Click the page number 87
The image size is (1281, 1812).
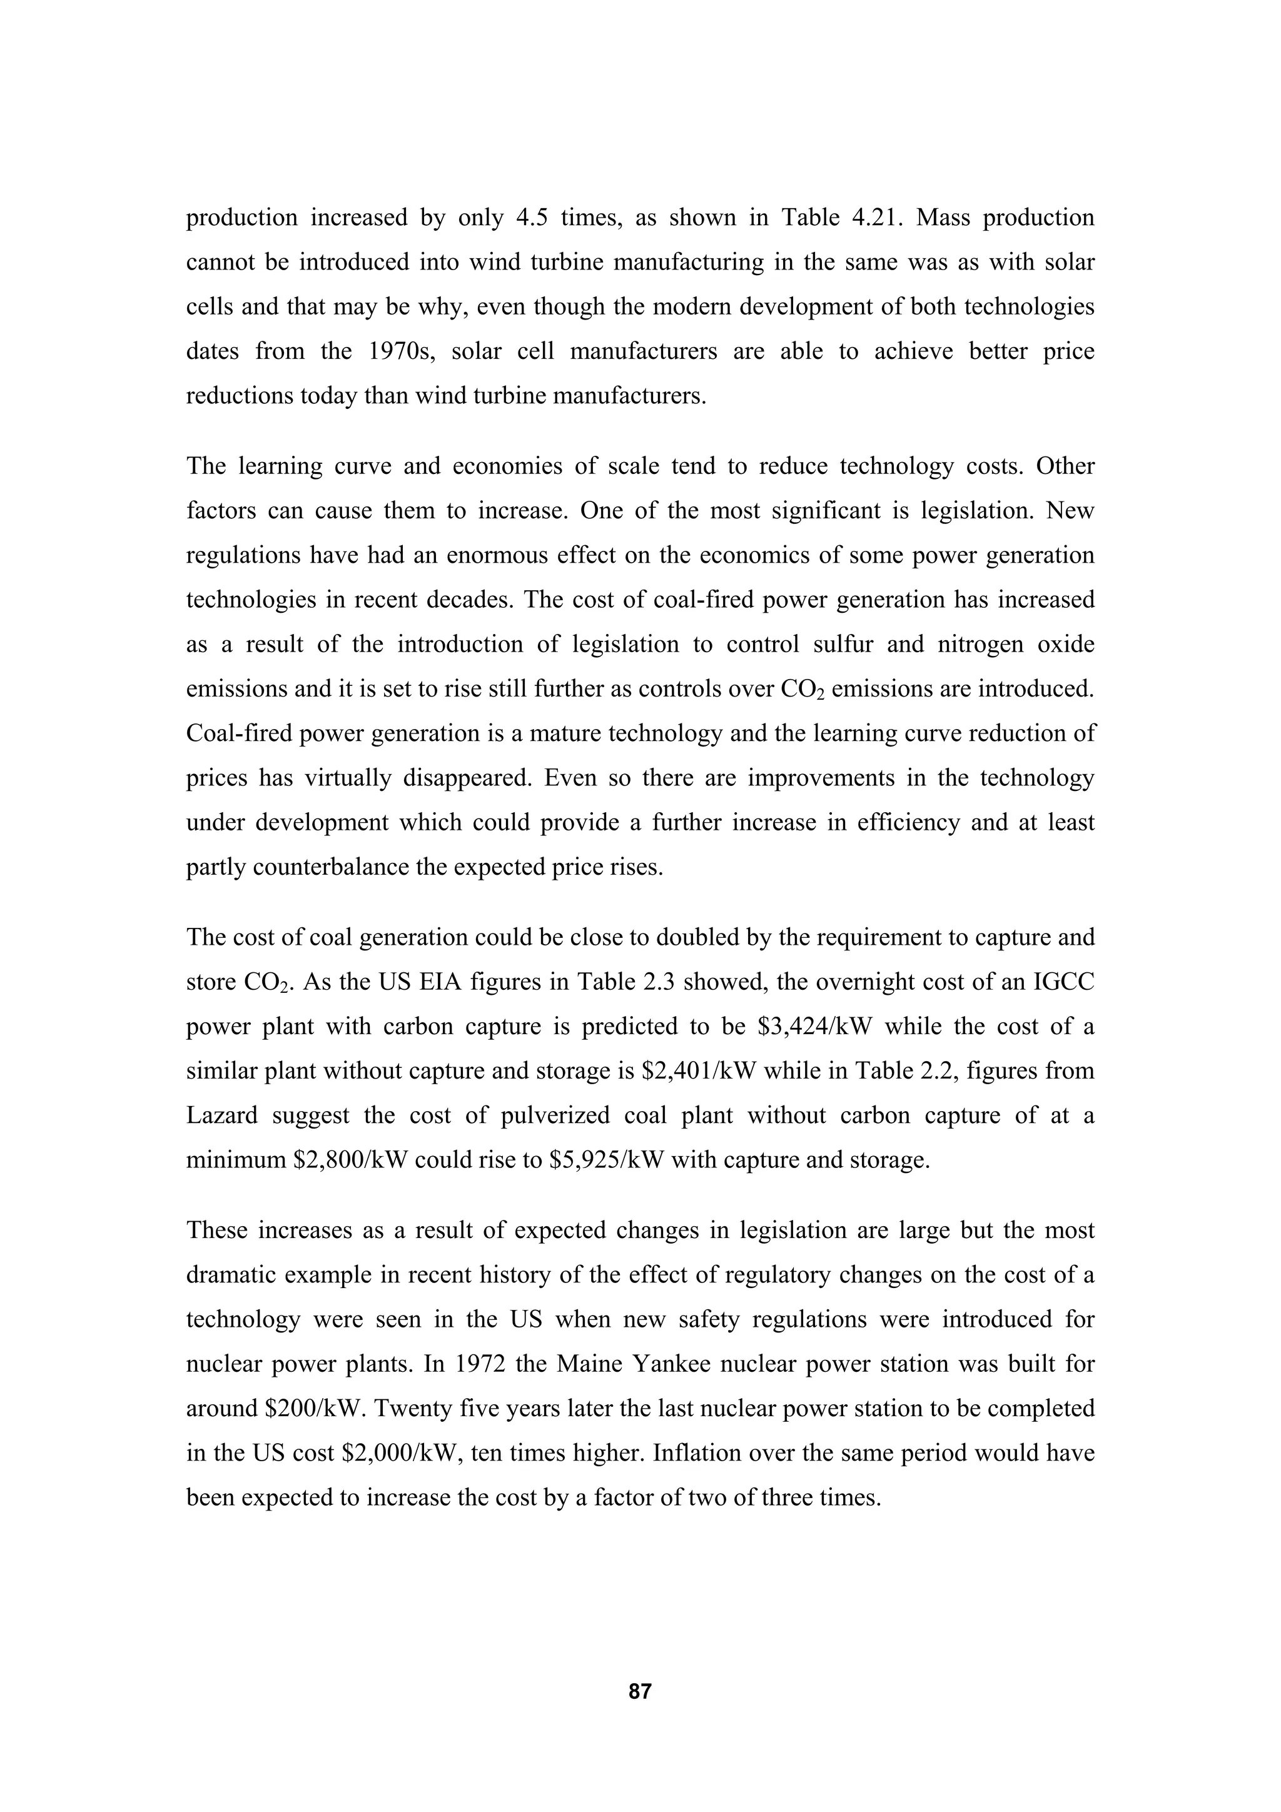click(x=640, y=1691)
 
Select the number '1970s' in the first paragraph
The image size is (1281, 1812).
click(x=403, y=351)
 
